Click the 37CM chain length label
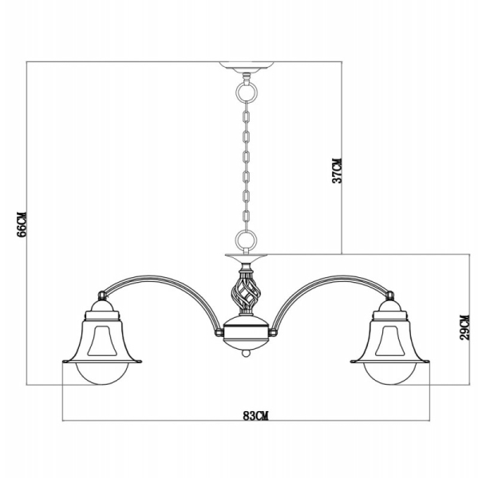(338, 170)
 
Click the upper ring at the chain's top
(246, 91)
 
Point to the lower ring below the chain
(246, 238)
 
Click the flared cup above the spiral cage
(245, 262)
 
